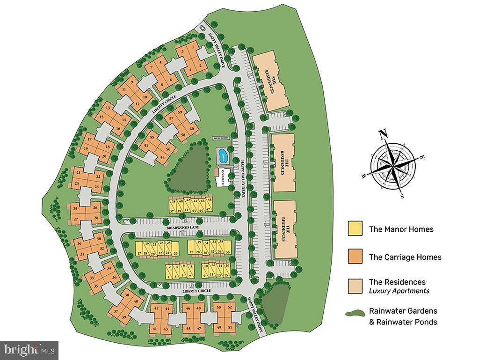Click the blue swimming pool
[x=221, y=154]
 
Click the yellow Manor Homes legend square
[x=355, y=228]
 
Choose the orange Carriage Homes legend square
[x=355, y=256]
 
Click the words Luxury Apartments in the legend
[x=399, y=291]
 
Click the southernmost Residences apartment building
[x=285, y=229]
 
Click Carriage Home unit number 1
[x=194, y=47]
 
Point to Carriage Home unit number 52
[x=230, y=307]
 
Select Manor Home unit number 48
[x=209, y=200]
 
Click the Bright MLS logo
[x=29, y=350]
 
